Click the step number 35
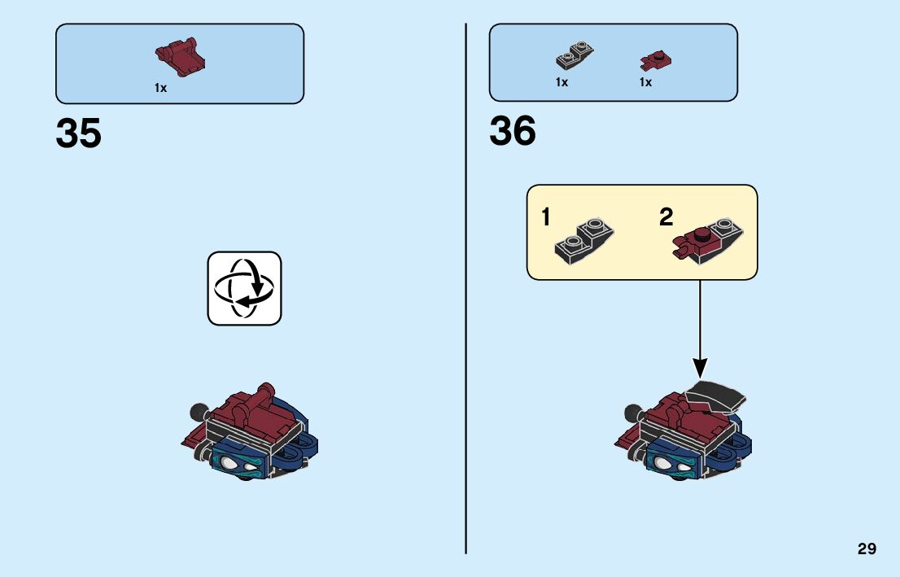coord(79,133)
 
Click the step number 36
coord(513,132)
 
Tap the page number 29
coord(867,549)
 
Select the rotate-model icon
coord(244,288)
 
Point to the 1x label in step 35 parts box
coord(160,88)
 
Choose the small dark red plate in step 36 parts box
coord(655,59)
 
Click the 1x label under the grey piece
coord(561,82)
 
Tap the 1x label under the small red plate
coord(645,82)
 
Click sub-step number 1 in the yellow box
coord(545,217)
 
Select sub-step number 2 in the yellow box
coord(666,217)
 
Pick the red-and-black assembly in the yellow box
coord(705,240)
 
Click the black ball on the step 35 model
coord(196,410)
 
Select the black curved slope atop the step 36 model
coord(718,396)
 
